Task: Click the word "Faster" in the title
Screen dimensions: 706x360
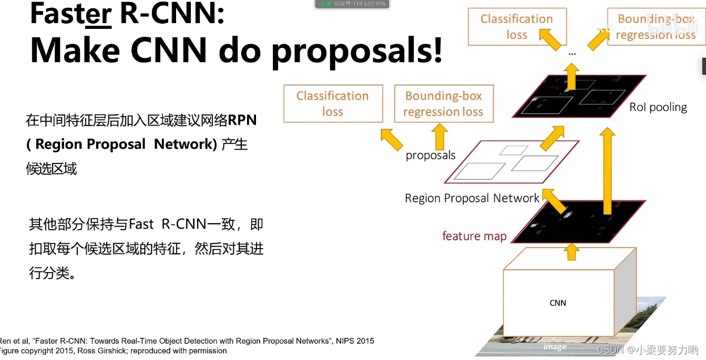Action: (x=71, y=14)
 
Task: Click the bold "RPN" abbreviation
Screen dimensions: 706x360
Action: (x=242, y=120)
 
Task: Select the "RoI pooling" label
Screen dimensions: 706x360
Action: (x=658, y=107)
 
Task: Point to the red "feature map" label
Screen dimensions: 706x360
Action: (x=474, y=236)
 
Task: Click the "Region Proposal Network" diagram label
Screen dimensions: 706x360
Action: (x=472, y=198)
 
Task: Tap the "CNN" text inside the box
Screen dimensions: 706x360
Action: (x=558, y=303)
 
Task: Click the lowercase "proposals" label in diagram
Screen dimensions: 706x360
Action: (x=431, y=155)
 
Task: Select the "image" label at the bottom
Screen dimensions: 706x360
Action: (x=555, y=347)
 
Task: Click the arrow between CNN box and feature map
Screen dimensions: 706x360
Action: (x=571, y=252)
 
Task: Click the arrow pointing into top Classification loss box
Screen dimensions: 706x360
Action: (x=550, y=39)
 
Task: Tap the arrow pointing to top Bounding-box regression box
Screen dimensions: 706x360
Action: (x=599, y=40)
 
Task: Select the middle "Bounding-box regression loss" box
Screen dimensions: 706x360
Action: (x=444, y=104)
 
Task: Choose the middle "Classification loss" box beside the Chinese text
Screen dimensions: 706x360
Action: (x=333, y=104)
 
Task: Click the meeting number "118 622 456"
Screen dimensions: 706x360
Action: (x=369, y=4)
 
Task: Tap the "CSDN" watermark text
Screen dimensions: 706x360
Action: (x=610, y=350)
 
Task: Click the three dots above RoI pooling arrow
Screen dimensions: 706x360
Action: (x=572, y=54)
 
